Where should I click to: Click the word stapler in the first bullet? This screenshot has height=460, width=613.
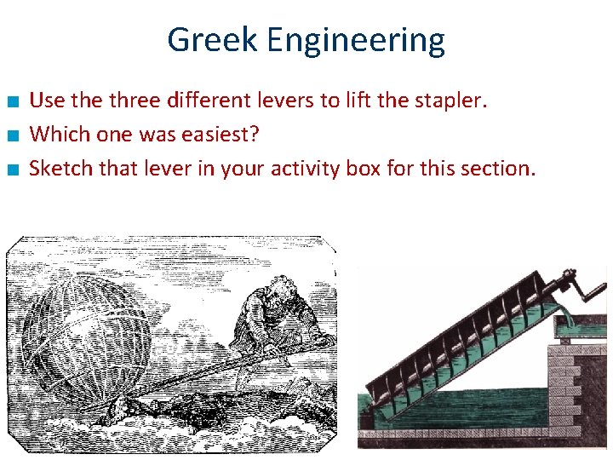tap(455, 101)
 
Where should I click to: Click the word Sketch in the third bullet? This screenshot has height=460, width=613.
tap(60, 168)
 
